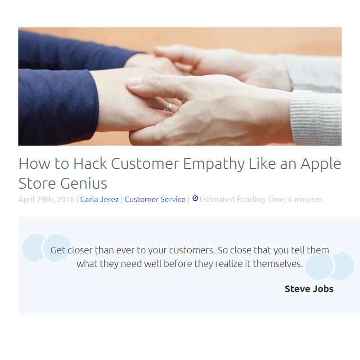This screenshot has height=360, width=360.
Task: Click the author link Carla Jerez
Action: pos(99,199)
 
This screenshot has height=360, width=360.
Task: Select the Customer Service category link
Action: pos(155,199)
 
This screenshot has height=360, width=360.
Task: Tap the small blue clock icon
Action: pos(195,198)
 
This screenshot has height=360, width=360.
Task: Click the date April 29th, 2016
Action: pos(46,199)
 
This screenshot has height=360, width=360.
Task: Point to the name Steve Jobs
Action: pos(309,289)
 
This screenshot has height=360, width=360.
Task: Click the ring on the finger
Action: pos(168,108)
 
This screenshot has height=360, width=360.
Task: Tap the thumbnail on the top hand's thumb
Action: pos(135,81)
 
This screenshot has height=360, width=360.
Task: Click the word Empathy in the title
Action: pos(214,164)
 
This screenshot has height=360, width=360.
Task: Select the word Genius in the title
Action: pos(84,184)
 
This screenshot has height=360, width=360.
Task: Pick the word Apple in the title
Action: pos(321,164)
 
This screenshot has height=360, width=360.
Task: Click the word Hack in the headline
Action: pos(90,164)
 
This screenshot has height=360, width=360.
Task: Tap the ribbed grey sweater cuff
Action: pos(316,117)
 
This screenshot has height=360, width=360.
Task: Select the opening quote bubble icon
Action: pos(46,248)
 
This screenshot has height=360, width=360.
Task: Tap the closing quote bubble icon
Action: pos(329,266)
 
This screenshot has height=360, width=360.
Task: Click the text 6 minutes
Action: pos(305,199)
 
